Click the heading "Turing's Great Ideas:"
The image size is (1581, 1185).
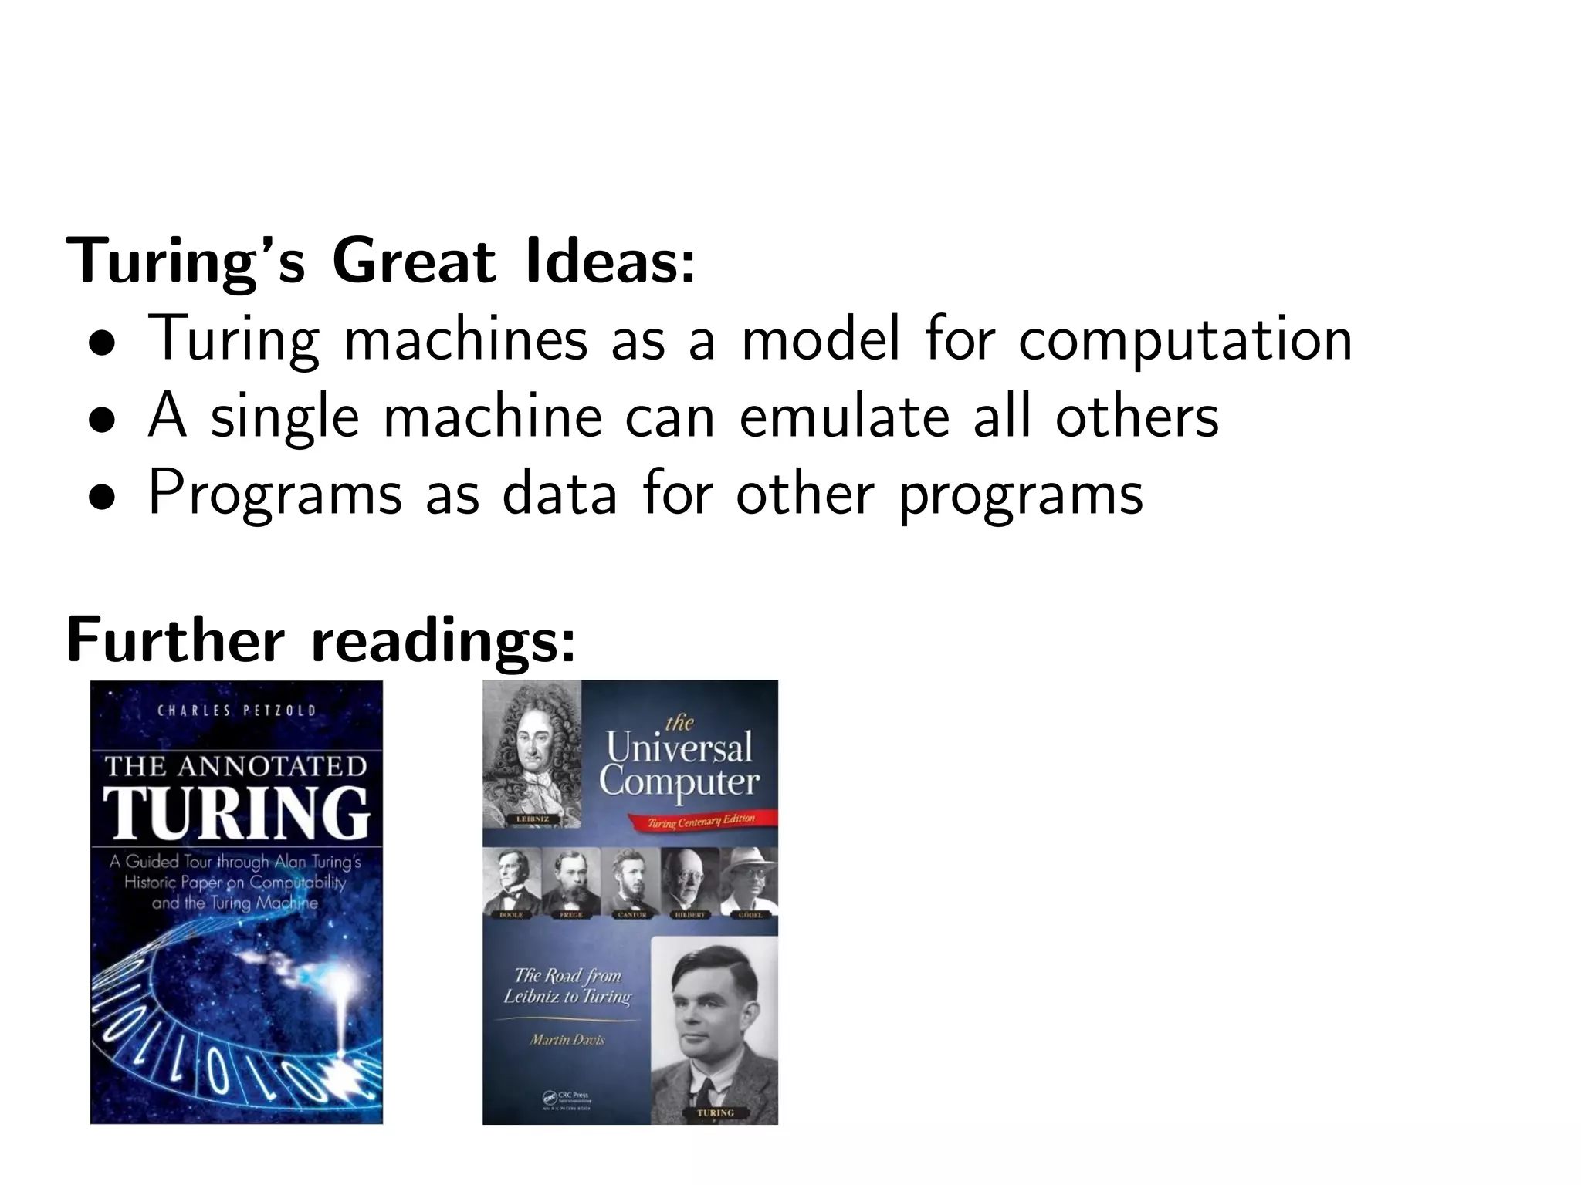tap(381, 261)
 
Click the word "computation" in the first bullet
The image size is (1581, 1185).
tap(1185, 339)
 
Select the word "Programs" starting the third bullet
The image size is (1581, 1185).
tap(275, 494)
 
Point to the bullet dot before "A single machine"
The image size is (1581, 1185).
tap(102, 420)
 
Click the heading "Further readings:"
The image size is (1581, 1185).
tap(321, 640)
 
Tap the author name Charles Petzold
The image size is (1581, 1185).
tap(236, 711)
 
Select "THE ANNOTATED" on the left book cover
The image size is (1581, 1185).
tap(236, 766)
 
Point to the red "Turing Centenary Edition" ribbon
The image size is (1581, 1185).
tap(701, 821)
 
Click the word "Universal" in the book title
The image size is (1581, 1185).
tap(679, 747)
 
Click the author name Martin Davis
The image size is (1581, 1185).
tap(567, 1039)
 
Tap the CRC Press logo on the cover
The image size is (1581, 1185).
tap(567, 1099)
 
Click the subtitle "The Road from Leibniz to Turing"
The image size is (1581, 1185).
tap(567, 986)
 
